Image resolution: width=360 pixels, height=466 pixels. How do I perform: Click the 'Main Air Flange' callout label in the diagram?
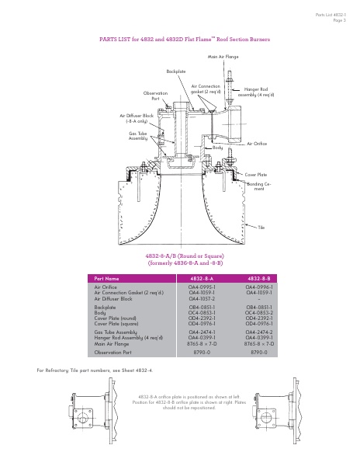point(223,57)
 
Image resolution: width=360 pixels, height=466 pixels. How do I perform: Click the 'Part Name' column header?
point(107,277)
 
